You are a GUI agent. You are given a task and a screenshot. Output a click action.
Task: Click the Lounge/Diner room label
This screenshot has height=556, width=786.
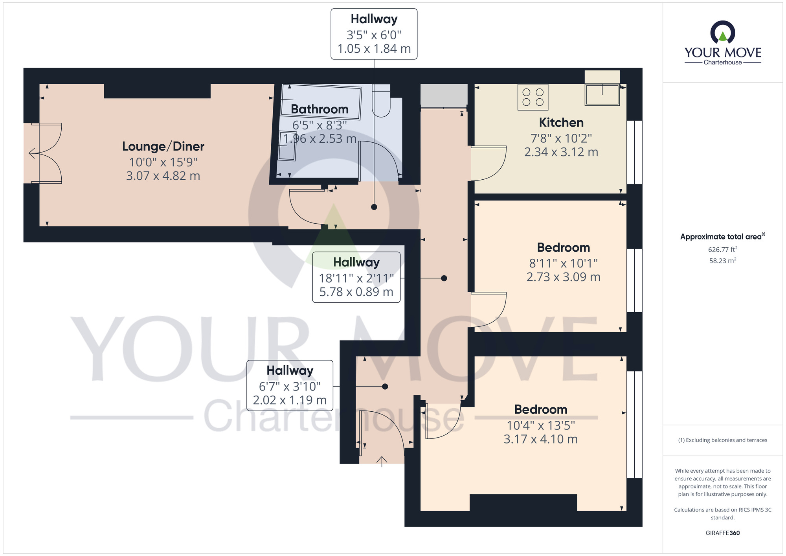pyautogui.click(x=163, y=147)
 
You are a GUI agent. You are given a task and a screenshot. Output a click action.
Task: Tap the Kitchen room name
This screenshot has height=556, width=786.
pyautogui.click(x=561, y=123)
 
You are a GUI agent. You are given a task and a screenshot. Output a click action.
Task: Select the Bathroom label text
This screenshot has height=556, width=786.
pyautogui.click(x=320, y=109)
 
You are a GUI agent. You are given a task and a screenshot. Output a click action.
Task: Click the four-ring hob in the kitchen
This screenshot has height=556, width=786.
pyautogui.click(x=533, y=97)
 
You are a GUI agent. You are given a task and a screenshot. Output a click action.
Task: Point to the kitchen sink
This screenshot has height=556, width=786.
pyautogui.click(x=602, y=95)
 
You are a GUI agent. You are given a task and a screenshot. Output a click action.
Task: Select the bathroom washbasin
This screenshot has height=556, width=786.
pyautogui.click(x=287, y=146)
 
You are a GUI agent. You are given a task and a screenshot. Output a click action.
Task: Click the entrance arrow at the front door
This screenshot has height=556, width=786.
pyautogui.click(x=382, y=461)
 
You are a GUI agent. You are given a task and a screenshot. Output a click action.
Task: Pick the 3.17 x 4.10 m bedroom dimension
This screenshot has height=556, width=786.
pyautogui.click(x=541, y=439)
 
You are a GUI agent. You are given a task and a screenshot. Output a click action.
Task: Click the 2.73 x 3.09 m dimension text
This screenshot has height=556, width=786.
pyautogui.click(x=563, y=277)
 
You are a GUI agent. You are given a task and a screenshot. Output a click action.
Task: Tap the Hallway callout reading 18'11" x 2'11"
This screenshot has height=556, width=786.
pyautogui.click(x=356, y=277)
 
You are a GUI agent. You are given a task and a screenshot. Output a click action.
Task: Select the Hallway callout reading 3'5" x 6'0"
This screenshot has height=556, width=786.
pyautogui.click(x=374, y=34)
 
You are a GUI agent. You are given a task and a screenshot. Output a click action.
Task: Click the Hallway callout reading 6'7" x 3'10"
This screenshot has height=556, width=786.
pyautogui.click(x=290, y=385)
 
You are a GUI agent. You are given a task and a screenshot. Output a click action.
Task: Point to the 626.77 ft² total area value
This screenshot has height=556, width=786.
pyautogui.click(x=723, y=249)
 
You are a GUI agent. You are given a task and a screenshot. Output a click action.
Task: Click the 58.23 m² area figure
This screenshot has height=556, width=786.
pyautogui.click(x=723, y=261)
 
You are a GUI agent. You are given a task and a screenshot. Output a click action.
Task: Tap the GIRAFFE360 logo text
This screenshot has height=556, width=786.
pyautogui.click(x=723, y=533)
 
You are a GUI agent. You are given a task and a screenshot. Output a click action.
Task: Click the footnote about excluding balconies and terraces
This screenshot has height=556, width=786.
pyautogui.click(x=723, y=440)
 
